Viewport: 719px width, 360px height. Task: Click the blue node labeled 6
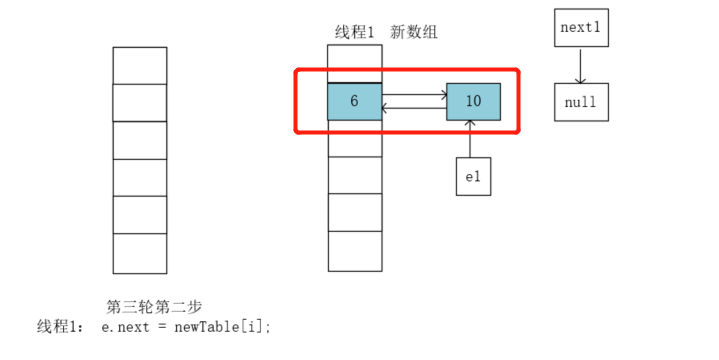[354, 101]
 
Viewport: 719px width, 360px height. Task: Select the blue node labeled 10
[473, 101]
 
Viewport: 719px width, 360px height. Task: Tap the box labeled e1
[473, 176]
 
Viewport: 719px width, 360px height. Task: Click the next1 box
[581, 28]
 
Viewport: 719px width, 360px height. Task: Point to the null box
[581, 102]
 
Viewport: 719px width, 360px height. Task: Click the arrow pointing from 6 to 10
[414, 95]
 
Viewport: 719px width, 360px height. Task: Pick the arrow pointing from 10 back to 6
[414, 106]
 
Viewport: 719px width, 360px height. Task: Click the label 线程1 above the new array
[354, 32]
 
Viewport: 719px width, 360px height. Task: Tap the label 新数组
[414, 32]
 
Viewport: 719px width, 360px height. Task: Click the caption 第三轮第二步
[154, 306]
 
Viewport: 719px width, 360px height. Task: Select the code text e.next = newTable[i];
[186, 326]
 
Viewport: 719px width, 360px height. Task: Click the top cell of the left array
[139, 65]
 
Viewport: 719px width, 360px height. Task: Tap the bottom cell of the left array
[139, 253]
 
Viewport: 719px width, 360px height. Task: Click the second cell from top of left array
[139, 102]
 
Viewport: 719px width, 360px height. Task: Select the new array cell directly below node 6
[354, 138]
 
